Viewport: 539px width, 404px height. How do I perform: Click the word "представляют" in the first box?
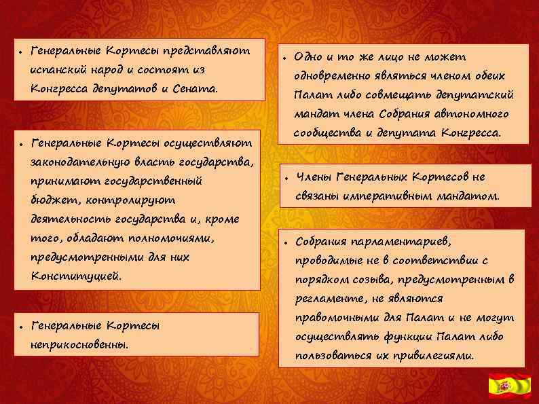tap(212, 51)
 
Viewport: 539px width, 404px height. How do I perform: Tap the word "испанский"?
tap(55, 70)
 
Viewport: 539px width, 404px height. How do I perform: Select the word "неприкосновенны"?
tap(79, 344)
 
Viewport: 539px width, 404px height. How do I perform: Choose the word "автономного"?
tap(475, 113)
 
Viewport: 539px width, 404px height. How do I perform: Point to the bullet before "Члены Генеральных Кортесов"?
tap(287, 179)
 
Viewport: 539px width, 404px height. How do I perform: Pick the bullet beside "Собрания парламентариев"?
tap(287, 242)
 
